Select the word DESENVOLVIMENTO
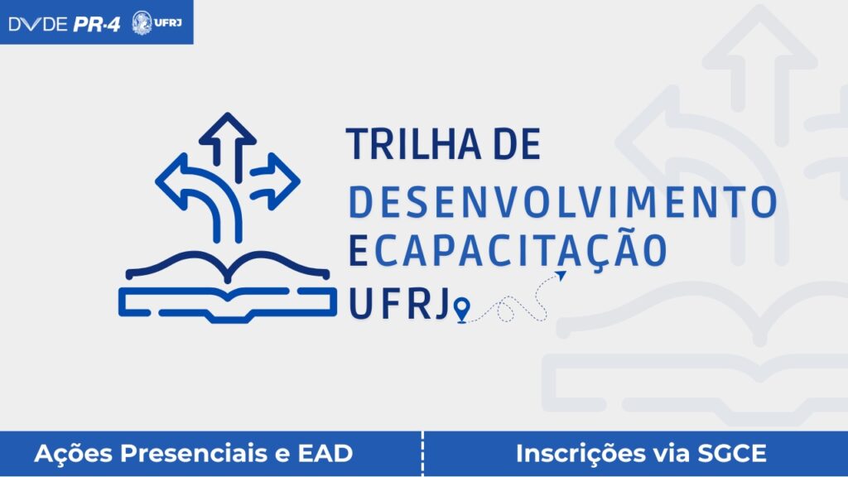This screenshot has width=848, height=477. point(563,202)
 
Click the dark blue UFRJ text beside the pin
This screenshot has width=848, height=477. point(400,303)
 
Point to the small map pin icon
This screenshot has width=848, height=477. point(461,310)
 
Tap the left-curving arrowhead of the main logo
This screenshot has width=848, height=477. point(173,181)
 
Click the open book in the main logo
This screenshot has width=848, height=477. point(228,287)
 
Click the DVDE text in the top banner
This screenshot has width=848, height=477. point(38,24)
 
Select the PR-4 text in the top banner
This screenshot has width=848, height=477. point(96,24)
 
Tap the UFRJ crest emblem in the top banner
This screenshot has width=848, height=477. point(142,22)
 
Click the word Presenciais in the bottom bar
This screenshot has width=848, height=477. point(194,453)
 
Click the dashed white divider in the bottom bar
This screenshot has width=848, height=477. point(422,454)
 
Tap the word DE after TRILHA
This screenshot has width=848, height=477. point(517,144)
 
